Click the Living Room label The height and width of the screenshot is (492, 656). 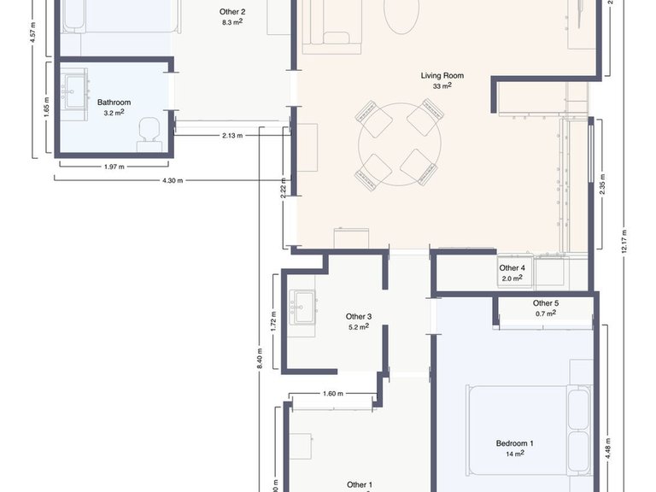[x=442, y=75]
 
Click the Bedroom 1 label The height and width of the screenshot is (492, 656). [x=515, y=443]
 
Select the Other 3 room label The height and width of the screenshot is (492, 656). [x=358, y=317]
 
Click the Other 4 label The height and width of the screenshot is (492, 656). [x=512, y=268]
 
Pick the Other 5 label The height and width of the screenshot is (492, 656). [x=546, y=303]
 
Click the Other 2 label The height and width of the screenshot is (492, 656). [x=232, y=12]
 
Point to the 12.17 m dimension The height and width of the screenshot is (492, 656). [x=624, y=241]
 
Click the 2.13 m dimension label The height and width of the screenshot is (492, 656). [x=231, y=135]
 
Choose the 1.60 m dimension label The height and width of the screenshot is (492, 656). [x=333, y=394]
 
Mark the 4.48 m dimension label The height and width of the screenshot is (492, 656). [x=608, y=447]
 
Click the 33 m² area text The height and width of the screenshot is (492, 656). [x=442, y=85]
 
